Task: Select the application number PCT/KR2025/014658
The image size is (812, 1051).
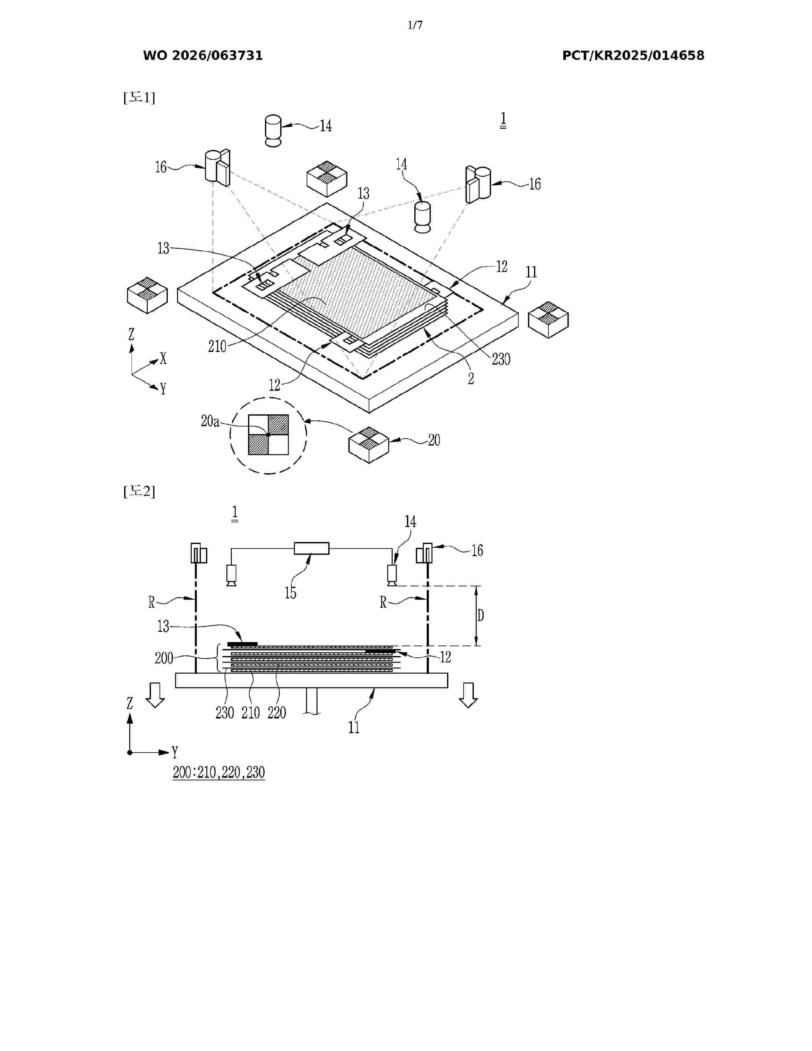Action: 633,56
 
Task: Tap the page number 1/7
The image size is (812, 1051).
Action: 415,25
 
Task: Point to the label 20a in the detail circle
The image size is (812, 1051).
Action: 210,421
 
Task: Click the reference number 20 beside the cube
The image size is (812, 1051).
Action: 434,440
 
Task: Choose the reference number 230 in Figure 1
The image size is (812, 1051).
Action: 501,359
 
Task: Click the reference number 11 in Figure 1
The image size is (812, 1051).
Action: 531,272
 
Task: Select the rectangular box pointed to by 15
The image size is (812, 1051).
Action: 312,548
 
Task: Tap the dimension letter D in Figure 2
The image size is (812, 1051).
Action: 480,616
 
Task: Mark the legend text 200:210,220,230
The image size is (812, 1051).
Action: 219,772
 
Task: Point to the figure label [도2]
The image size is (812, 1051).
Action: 139,491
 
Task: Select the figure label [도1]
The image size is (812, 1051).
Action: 139,98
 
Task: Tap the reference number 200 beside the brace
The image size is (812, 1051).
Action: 164,658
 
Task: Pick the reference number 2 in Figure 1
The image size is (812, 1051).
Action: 471,379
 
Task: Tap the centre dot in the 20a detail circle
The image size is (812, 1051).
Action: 268,434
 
